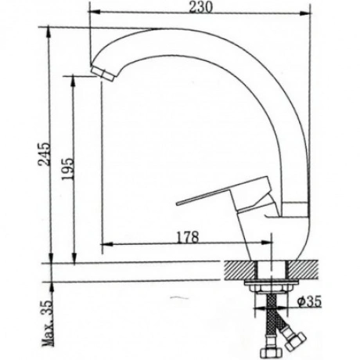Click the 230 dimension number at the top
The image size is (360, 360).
(200, 7)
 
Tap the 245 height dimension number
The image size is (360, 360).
(44, 154)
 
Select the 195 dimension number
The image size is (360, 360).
(67, 169)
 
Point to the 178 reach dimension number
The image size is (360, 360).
(188, 237)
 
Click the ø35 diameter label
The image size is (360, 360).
(309, 302)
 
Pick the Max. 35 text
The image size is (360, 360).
(48, 323)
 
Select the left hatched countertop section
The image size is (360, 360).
(239, 270)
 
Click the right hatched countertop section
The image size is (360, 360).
(303, 270)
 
